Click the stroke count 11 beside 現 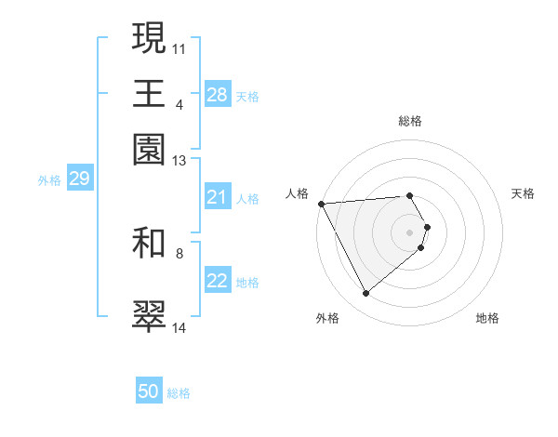179,47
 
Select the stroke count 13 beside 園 179,162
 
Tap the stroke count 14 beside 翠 179,328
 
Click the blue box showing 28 218,95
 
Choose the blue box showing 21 218,197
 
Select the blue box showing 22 218,281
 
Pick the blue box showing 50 149,391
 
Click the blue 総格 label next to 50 179,393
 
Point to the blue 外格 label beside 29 49,180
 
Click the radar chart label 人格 297,193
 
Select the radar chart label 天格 523,193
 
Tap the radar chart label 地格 487,319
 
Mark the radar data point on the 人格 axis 321,203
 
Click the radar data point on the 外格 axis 365,294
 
